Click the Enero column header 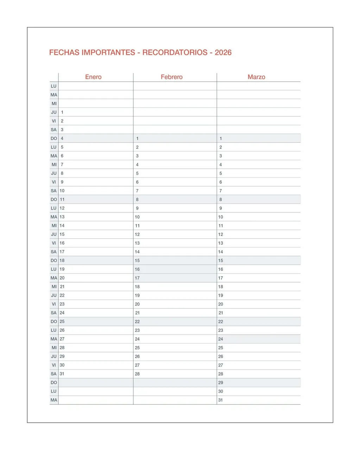click(93, 77)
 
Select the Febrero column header click(172, 77)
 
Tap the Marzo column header click(256, 77)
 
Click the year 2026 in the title click(223, 52)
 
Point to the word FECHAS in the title click(64, 52)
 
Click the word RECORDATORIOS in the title click(175, 52)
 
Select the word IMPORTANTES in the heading click(108, 52)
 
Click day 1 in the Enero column click(62, 112)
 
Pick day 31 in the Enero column click(62, 374)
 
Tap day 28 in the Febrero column click(137, 374)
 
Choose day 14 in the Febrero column click(137, 252)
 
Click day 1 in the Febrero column click(137, 139)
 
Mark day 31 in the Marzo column click(221, 400)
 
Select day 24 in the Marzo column click(221, 339)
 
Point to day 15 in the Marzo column click(221, 261)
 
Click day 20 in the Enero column click(62, 278)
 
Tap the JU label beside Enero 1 click(54, 112)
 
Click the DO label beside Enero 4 click(53, 139)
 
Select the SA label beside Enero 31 click(53, 374)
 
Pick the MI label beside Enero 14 click(54, 226)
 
